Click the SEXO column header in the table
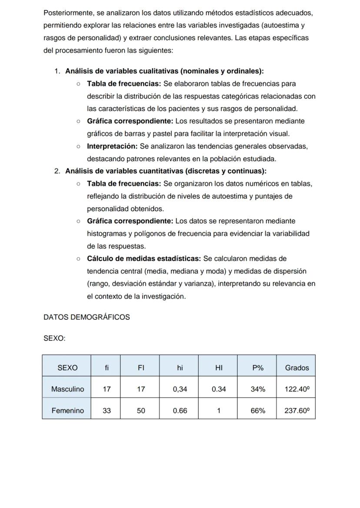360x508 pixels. click(x=67, y=368)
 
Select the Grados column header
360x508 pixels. click(x=297, y=368)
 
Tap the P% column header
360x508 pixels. click(x=257, y=368)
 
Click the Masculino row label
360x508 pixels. click(x=67, y=389)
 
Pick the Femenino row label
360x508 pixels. click(x=67, y=410)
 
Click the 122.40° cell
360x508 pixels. click(x=297, y=389)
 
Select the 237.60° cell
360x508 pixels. click(x=297, y=410)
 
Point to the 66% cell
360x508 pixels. click(x=257, y=410)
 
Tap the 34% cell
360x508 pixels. click(x=257, y=389)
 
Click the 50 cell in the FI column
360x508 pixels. click(x=140, y=410)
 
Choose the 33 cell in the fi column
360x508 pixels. click(x=107, y=410)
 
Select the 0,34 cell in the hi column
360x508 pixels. click(x=180, y=389)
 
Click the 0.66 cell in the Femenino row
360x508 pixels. click(x=180, y=410)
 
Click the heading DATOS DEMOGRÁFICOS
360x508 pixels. click(x=87, y=317)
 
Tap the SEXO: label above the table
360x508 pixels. click(x=54, y=339)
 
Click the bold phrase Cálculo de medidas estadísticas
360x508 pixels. click(x=143, y=259)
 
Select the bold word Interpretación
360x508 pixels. click(x=112, y=146)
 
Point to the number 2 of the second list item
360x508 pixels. click(x=57, y=171)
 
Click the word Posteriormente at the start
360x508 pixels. click(x=68, y=13)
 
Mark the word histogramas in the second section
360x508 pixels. click(x=107, y=234)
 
